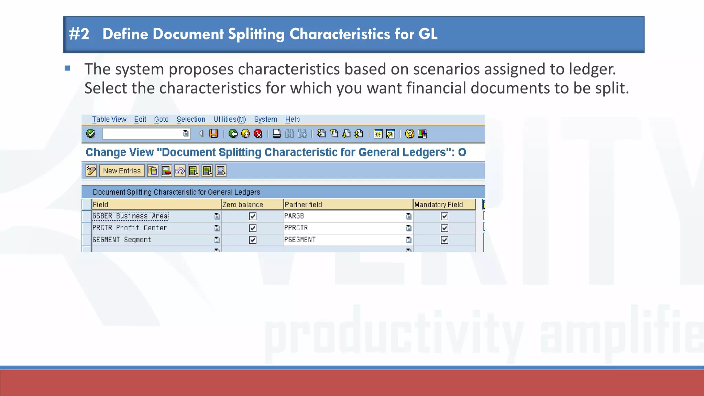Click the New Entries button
click(x=122, y=171)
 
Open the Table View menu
click(x=109, y=119)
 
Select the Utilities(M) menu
click(x=230, y=119)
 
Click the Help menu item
click(x=292, y=119)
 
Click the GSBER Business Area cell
click(x=131, y=216)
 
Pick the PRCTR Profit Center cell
click(x=130, y=228)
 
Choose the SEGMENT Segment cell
click(x=122, y=240)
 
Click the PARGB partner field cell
click(x=294, y=216)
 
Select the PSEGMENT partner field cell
click(x=300, y=240)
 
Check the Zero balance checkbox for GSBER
click(x=253, y=216)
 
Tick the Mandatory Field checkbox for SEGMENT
click(x=444, y=240)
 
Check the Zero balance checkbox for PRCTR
click(x=253, y=228)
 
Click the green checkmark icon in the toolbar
click(x=91, y=134)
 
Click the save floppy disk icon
click(x=214, y=134)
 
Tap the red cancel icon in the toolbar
click(x=258, y=134)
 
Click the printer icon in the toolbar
click(x=277, y=134)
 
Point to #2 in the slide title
click(x=79, y=34)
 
